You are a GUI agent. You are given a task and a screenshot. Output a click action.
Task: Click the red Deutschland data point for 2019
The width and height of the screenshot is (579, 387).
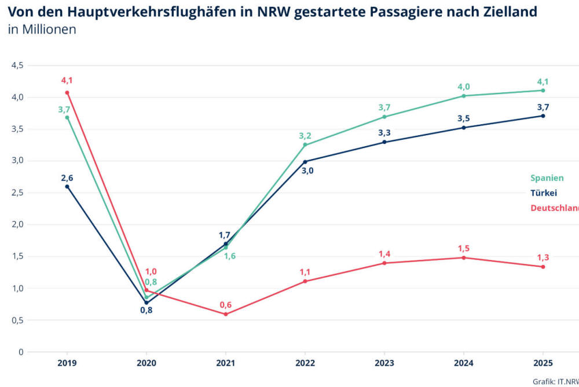point(67,92)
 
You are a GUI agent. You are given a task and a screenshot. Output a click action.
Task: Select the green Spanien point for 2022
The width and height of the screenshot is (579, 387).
point(305,145)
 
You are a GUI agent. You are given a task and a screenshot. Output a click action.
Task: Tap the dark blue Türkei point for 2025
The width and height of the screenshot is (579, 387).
point(543,115)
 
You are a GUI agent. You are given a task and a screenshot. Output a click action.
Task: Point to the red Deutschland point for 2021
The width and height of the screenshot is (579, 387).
point(226,314)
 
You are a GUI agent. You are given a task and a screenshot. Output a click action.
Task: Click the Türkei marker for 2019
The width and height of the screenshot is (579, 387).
point(67,186)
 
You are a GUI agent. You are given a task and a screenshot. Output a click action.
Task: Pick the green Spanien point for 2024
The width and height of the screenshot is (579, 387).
point(464,96)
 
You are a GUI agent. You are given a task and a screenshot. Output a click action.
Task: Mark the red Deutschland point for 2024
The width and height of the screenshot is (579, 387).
point(464,258)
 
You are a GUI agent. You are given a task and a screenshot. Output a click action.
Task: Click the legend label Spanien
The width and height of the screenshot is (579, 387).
point(547,178)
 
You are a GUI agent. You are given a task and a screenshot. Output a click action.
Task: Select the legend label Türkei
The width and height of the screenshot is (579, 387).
point(544,193)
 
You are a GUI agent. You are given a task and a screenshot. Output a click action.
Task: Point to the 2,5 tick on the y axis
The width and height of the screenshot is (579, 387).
point(17,193)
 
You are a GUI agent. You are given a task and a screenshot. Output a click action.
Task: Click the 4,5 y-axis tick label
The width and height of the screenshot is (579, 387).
point(17,66)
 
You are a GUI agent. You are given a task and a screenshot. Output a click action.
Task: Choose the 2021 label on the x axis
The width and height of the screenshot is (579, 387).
point(226,363)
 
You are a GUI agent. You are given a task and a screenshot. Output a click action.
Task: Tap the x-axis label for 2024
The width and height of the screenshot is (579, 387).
point(464,363)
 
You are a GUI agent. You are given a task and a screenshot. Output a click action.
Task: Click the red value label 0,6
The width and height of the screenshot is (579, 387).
point(226,305)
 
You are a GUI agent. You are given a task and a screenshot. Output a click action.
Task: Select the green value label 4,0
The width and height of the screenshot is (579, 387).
point(464,86)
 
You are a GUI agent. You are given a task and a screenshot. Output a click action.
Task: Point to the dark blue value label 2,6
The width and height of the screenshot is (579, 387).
point(67,178)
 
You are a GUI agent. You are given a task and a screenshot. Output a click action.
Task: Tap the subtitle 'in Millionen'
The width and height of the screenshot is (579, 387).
point(42,30)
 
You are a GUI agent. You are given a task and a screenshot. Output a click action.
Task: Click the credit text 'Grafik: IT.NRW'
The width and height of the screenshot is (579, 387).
point(555,381)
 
